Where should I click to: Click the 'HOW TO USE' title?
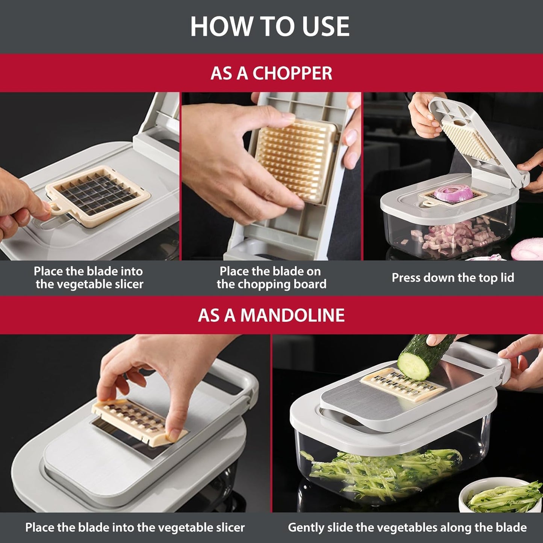coord(270,26)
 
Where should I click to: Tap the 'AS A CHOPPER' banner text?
coord(271,73)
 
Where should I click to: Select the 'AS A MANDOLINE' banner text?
coord(271,315)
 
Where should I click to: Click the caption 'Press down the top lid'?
coord(453,278)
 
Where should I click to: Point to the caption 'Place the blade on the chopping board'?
coord(271,278)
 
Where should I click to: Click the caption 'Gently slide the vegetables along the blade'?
coord(407,528)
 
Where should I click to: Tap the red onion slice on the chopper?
coord(449,192)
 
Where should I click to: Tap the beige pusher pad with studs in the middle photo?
coord(295,160)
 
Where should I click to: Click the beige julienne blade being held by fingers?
coord(139,419)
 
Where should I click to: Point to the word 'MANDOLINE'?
coord(292,315)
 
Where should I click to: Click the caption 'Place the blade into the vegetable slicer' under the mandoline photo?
coord(135,528)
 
